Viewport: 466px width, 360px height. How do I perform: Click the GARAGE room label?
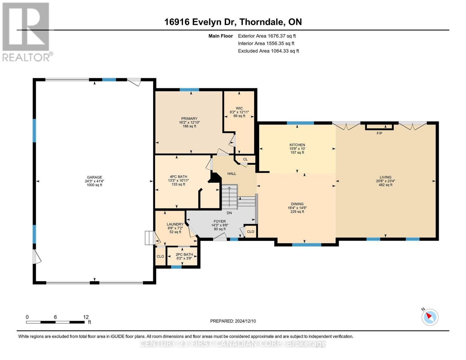point(95,177)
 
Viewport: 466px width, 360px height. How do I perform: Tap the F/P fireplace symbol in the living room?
point(379,127)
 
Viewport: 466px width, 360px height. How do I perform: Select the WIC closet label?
point(239,108)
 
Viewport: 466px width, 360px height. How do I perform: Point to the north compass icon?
point(430,317)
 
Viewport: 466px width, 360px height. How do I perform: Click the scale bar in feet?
point(55,322)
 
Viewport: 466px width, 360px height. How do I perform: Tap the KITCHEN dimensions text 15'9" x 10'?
point(297,149)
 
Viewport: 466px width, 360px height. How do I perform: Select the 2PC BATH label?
point(184,254)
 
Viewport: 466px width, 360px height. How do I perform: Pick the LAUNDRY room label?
point(175,224)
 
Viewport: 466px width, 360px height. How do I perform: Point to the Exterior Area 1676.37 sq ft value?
point(267,36)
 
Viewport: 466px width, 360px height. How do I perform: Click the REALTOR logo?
point(26,32)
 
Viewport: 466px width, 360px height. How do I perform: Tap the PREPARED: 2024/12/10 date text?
point(233,321)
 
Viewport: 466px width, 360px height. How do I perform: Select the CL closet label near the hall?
point(245,159)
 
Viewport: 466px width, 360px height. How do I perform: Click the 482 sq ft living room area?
point(385,185)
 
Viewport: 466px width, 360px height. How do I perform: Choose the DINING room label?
point(297,204)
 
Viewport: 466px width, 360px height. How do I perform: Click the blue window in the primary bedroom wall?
point(189,89)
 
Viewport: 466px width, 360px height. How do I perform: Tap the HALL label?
point(232,174)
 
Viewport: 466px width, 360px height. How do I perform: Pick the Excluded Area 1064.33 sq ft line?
point(268,51)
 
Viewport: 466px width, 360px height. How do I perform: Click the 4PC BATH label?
point(178,177)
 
